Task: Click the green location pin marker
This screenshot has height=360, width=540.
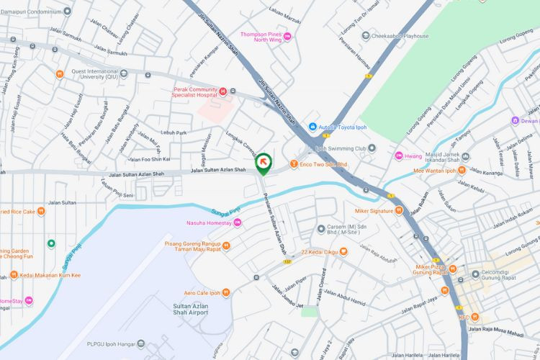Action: tap(264, 163)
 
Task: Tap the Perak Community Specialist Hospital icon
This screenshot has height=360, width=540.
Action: tap(223, 91)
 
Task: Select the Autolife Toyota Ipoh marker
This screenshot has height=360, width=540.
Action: tap(313, 127)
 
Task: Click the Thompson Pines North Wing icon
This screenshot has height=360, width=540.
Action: tap(288, 36)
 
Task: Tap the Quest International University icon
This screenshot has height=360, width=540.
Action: tap(124, 72)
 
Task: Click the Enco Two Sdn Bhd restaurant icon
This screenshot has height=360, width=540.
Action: tap(294, 164)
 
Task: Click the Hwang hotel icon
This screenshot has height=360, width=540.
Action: tap(398, 155)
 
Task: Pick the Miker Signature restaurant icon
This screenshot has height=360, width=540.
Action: tap(400, 210)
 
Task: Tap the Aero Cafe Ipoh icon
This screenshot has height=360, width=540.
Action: tap(226, 292)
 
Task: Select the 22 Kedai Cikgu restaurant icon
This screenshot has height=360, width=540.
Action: tap(343, 251)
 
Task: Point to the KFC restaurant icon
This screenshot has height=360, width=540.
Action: tap(475, 318)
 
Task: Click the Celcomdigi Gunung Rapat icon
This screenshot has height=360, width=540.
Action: tap(475, 274)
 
